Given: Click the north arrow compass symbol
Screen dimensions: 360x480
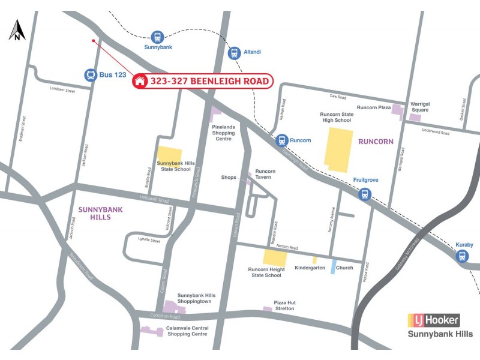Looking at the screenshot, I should [x=17, y=30].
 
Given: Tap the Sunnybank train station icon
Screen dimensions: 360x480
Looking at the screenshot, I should [x=158, y=37].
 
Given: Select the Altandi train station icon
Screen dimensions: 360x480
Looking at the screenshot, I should [x=234, y=53].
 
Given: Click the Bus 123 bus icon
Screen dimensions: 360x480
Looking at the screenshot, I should [x=91, y=75].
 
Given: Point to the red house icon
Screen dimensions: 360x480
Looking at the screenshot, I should [x=141, y=80].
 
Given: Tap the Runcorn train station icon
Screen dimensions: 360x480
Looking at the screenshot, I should [x=281, y=140].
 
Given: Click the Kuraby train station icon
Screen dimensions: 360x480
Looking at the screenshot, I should [x=461, y=256].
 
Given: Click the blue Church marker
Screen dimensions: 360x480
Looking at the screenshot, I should [x=334, y=266].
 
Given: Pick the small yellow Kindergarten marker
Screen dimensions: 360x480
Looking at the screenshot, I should [x=314, y=260].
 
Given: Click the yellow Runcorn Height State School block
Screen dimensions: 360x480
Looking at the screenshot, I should [x=275, y=258].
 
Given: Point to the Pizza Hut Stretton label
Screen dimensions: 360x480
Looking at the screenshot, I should [x=284, y=305].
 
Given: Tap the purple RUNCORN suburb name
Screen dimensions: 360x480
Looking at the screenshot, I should [x=376, y=142].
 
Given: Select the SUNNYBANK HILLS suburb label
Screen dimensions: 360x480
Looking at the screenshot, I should [x=95, y=213].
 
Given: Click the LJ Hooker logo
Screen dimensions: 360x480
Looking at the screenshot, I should [x=434, y=320].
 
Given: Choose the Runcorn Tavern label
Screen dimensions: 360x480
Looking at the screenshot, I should [x=265, y=174].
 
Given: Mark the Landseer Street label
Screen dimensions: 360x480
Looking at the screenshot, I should [x=62, y=91].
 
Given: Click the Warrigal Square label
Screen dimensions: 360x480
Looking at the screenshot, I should [x=419, y=107].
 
